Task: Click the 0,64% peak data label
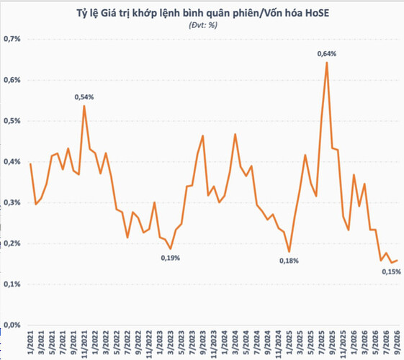coord(327,54)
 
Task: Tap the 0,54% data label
coord(84,97)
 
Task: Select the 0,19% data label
coord(170,258)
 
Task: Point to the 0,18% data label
coord(289,261)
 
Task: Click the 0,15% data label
coord(391,271)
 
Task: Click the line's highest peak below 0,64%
coord(327,63)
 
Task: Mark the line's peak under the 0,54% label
coord(84,106)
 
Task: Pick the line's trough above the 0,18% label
coord(289,252)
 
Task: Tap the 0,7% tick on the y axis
coord(12,39)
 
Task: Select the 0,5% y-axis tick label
coord(12,121)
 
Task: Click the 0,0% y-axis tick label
coord(12,325)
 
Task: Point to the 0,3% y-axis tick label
coord(12,202)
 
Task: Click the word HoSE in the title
coord(317,13)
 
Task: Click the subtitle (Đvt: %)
coord(203,25)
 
